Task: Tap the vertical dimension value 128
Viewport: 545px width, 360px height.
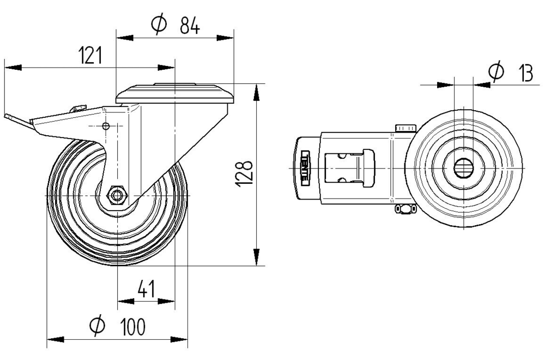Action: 245,174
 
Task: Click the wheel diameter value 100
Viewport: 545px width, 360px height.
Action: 133,327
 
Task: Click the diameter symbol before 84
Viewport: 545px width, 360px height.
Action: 158,25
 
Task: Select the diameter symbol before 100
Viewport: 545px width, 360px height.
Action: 96,326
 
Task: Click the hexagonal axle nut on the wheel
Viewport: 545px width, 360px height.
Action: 117,195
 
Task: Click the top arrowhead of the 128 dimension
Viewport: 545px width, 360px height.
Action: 256,92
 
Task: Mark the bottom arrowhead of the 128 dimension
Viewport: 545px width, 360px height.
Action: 256,258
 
